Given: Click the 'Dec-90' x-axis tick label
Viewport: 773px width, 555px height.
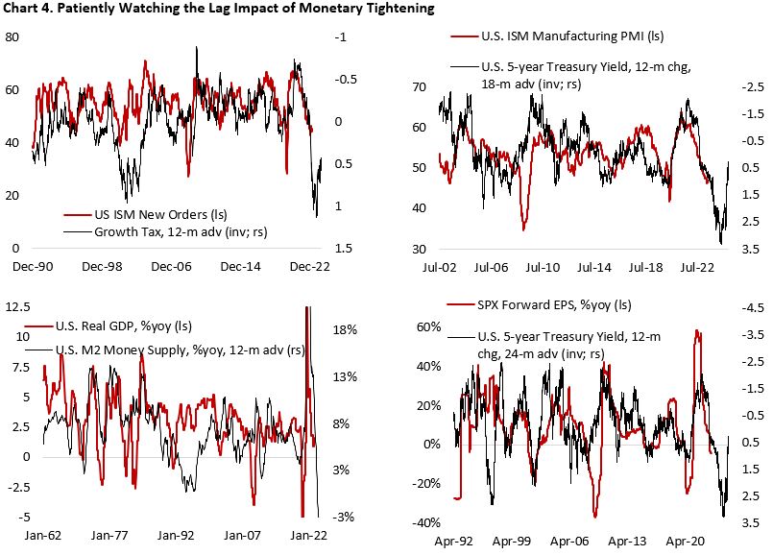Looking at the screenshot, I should (34, 264).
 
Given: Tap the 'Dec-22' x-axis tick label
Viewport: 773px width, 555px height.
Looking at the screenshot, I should (308, 264).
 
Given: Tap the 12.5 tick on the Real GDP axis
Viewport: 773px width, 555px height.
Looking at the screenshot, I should (17, 306).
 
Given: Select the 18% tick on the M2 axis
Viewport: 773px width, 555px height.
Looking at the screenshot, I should (346, 329).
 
